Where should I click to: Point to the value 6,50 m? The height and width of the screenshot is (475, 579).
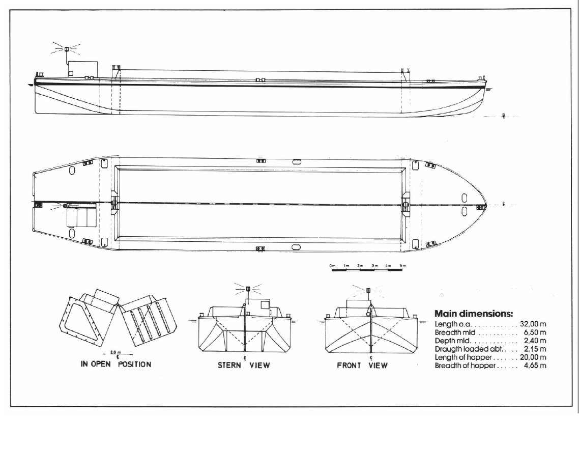pyautogui.click(x=535, y=332)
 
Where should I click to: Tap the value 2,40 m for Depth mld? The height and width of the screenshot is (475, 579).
pyautogui.click(x=535, y=341)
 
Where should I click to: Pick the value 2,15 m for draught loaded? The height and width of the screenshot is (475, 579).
pyautogui.click(x=535, y=349)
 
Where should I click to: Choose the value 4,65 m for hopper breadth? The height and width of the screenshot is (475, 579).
pyautogui.click(x=535, y=366)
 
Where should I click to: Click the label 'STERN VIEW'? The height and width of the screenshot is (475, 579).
pyautogui.click(x=244, y=365)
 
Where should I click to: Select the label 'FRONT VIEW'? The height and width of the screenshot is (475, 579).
pyautogui.click(x=362, y=365)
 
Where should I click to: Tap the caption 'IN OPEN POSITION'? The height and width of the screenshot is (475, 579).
pyautogui.click(x=116, y=365)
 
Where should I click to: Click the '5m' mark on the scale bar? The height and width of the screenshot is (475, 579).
pyautogui.click(x=402, y=265)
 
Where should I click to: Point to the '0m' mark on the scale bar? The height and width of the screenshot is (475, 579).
pyautogui.click(x=332, y=265)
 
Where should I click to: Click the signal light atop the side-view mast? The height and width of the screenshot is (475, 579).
pyautogui.click(x=66, y=49)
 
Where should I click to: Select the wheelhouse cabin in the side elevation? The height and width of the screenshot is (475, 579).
pyautogui.click(x=82, y=69)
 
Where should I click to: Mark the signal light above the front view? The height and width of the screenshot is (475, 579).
pyautogui.click(x=368, y=290)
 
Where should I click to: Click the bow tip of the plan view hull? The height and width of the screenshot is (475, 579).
pyautogui.click(x=486, y=205)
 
